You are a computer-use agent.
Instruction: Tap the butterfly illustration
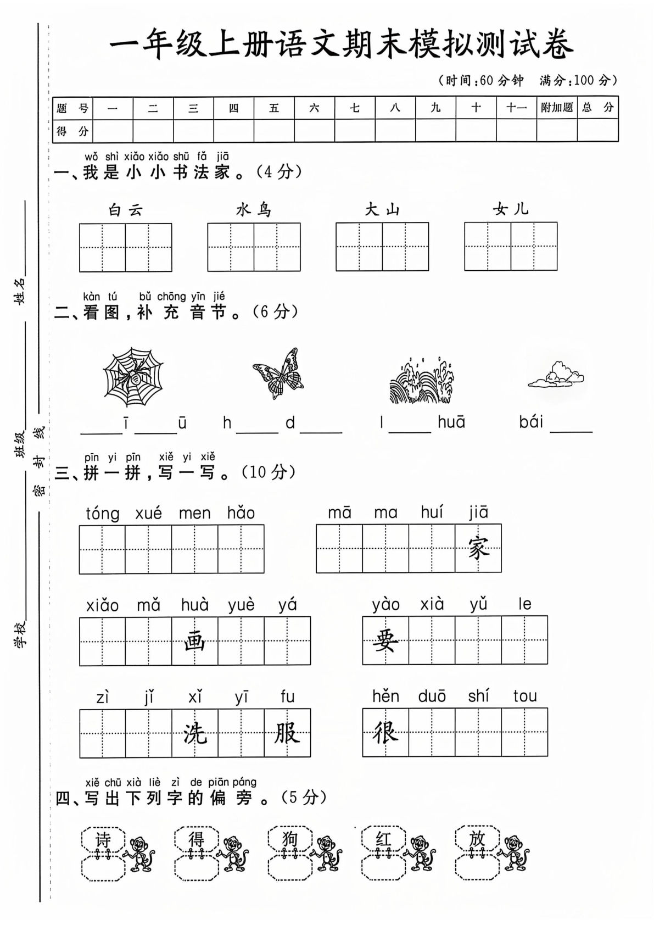(x=278, y=374)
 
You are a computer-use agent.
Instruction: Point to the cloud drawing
(x=556, y=375)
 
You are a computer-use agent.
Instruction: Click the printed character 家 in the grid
(x=478, y=548)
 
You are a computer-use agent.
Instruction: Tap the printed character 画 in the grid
(x=194, y=641)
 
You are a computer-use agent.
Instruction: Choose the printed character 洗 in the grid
(x=194, y=733)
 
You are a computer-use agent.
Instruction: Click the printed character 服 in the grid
(x=287, y=733)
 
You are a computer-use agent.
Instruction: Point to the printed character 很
(x=385, y=732)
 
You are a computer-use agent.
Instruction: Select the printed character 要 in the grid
(x=385, y=640)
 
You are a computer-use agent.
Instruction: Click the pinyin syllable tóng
(x=103, y=514)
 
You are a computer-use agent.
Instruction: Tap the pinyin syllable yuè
(x=242, y=605)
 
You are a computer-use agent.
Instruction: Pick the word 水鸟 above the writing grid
(x=254, y=210)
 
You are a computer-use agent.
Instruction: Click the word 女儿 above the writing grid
(x=511, y=209)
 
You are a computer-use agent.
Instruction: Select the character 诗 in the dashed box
(x=103, y=839)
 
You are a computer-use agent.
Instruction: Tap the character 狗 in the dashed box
(x=289, y=839)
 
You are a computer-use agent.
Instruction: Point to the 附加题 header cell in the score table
(x=556, y=108)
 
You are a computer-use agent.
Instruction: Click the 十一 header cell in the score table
(x=516, y=108)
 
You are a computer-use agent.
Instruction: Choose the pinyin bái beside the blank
(x=531, y=422)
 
